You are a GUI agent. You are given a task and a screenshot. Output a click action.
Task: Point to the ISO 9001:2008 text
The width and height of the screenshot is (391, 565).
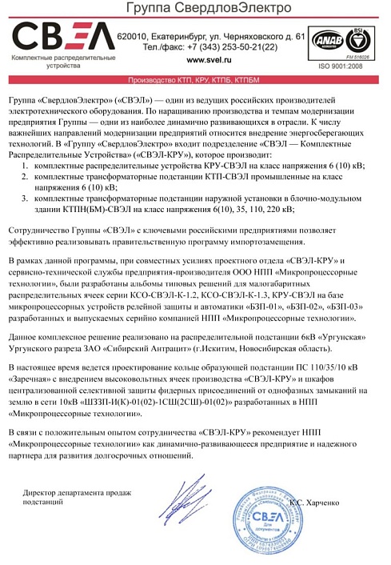pos(341,67)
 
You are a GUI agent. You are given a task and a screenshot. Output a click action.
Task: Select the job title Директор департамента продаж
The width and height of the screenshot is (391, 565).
pos(77,494)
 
